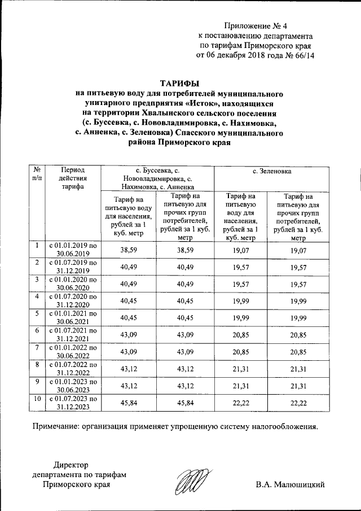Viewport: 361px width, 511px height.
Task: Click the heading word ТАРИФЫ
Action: click(180, 82)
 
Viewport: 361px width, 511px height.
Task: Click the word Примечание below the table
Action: click(59, 426)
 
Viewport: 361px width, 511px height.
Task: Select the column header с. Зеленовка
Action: click(276, 170)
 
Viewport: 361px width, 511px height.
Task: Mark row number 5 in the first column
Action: click(37, 313)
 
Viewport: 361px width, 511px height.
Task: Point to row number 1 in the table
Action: click(37, 246)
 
